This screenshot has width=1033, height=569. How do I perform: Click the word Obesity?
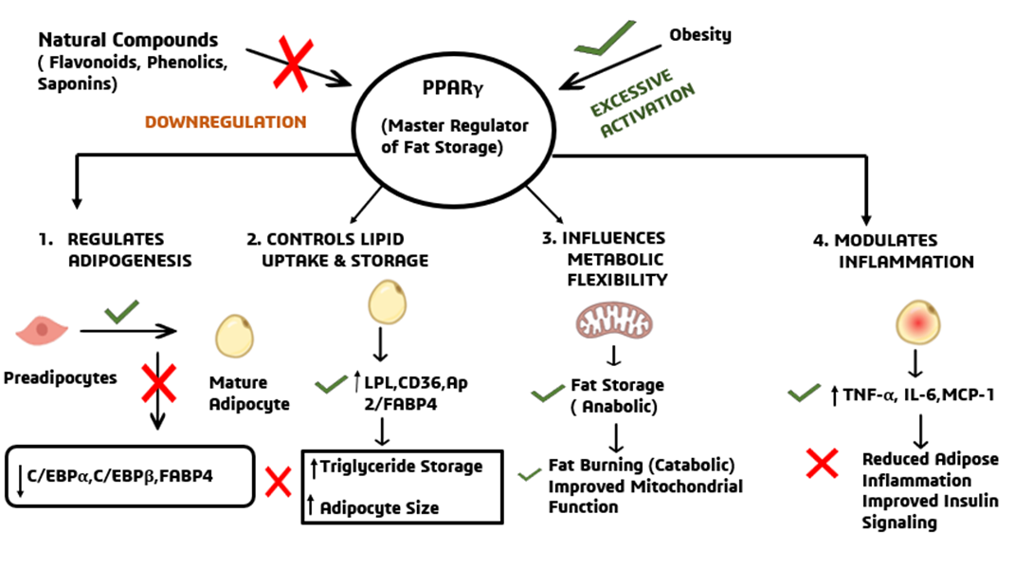tap(700, 35)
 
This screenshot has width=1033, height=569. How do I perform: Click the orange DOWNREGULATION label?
tap(226, 121)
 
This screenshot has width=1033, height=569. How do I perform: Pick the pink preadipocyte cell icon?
tap(43, 331)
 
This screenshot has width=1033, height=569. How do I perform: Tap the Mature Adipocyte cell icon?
tap(234, 335)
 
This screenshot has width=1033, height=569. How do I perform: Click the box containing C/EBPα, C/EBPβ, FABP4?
tap(130, 473)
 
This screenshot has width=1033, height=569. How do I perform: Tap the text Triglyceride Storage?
tap(401, 466)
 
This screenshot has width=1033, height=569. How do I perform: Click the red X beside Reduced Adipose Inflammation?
tap(822, 463)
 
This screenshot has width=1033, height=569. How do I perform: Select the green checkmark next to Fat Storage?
tap(548, 392)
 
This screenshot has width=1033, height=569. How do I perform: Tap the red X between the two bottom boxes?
tap(278, 482)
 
